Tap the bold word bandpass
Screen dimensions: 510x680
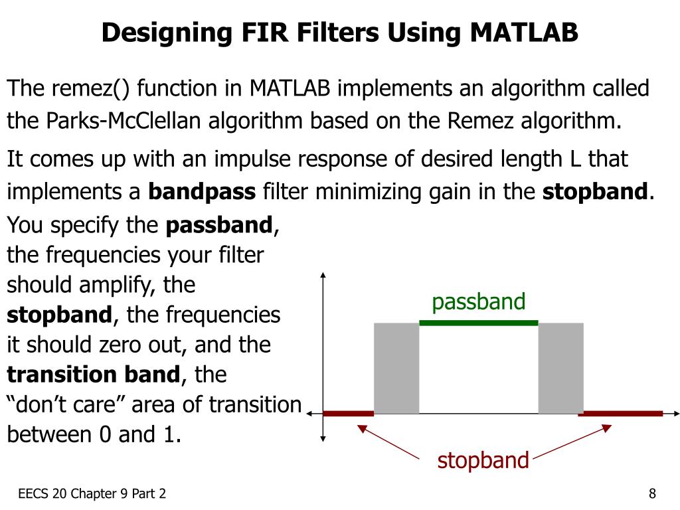(x=201, y=193)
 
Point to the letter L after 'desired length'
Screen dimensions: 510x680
(x=575, y=159)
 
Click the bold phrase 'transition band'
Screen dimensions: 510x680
(x=93, y=375)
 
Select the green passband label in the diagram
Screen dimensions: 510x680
(x=478, y=302)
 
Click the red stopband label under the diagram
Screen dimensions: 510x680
(x=483, y=460)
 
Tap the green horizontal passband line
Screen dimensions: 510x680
(x=478, y=323)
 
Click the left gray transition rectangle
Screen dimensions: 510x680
(x=396, y=368)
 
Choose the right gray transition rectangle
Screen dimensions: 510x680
(x=560, y=368)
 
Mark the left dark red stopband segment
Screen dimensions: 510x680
(x=349, y=413)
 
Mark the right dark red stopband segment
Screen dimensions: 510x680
(x=621, y=413)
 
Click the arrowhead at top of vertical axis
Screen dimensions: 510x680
(x=322, y=275)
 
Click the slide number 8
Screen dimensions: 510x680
(x=653, y=493)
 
